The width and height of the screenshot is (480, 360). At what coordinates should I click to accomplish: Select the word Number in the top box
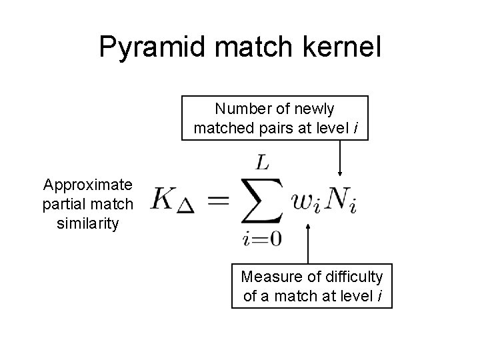[x=239, y=109]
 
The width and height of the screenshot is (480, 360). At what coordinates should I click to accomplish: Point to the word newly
[x=313, y=109]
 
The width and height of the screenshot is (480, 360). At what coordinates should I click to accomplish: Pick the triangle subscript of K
[x=186, y=207]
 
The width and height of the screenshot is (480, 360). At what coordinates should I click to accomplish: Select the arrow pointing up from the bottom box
[x=308, y=243]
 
